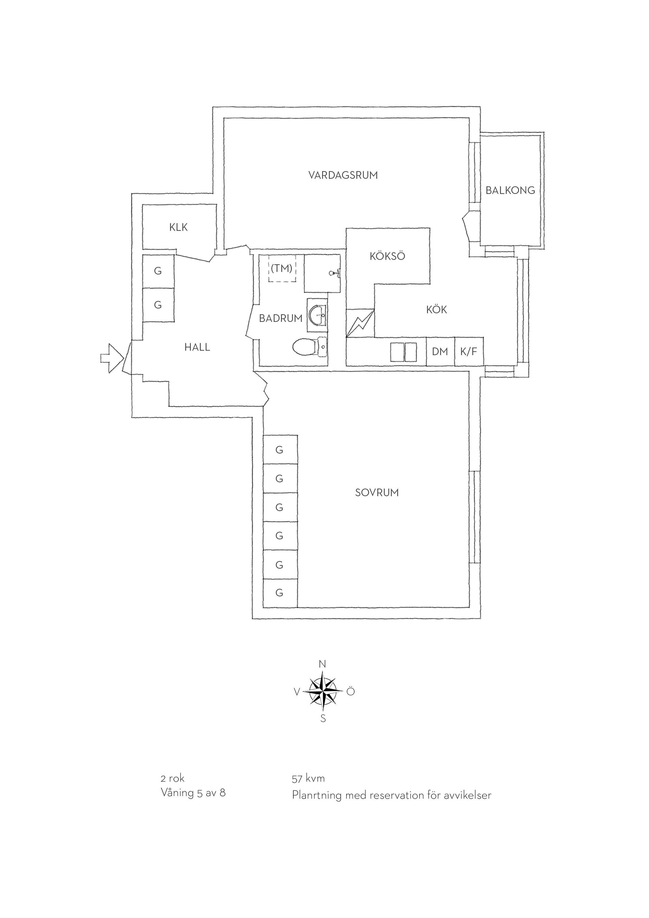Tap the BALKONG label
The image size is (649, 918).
click(510, 190)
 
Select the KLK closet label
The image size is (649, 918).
click(178, 228)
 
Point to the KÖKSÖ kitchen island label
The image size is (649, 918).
click(387, 256)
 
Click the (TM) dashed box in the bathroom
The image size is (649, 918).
click(282, 268)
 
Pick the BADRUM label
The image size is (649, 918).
click(281, 319)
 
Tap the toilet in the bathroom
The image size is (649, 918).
click(310, 347)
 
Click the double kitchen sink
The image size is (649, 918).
click(404, 352)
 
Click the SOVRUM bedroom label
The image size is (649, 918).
click(377, 493)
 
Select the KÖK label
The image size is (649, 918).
click(436, 309)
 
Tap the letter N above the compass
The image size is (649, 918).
click(322, 664)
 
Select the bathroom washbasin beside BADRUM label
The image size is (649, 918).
click(317, 315)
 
